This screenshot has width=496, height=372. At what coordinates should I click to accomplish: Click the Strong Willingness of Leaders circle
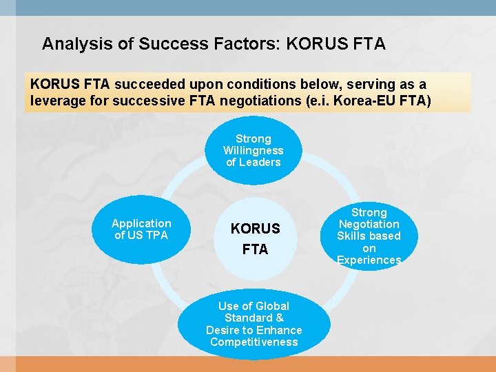254,150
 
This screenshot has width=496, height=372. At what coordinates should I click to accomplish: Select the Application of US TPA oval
141,229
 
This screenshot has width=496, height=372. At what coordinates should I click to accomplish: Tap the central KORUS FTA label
255,238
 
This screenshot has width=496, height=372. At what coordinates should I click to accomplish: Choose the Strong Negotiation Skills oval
369,236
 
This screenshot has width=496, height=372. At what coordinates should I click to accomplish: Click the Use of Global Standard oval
254,324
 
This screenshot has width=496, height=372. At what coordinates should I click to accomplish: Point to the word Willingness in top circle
254,150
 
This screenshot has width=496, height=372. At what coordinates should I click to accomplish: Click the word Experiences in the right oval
369,260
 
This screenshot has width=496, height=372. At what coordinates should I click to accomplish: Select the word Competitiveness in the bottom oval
254,342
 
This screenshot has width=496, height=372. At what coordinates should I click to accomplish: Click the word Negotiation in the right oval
369,224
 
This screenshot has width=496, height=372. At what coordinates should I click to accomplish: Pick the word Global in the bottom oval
271,306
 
